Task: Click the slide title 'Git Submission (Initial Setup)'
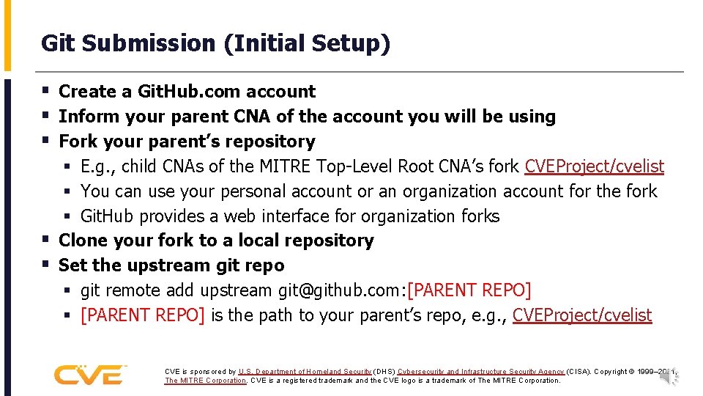pyautogui.click(x=215, y=43)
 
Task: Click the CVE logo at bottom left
pyautogui.click(x=89, y=374)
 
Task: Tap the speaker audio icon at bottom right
pyautogui.click(x=670, y=376)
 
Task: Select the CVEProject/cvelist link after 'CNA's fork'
pyautogui.click(x=594, y=166)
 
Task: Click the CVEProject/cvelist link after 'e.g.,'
pyautogui.click(x=581, y=315)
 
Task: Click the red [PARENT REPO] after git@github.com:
pyautogui.click(x=469, y=290)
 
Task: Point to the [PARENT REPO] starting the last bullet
pyautogui.click(x=143, y=315)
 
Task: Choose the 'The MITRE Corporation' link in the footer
pyautogui.click(x=205, y=381)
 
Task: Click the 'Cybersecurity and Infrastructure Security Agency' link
pyautogui.click(x=480, y=372)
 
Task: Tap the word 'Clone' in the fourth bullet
pyautogui.click(x=83, y=241)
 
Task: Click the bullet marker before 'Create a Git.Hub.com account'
pyautogui.click(x=46, y=92)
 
